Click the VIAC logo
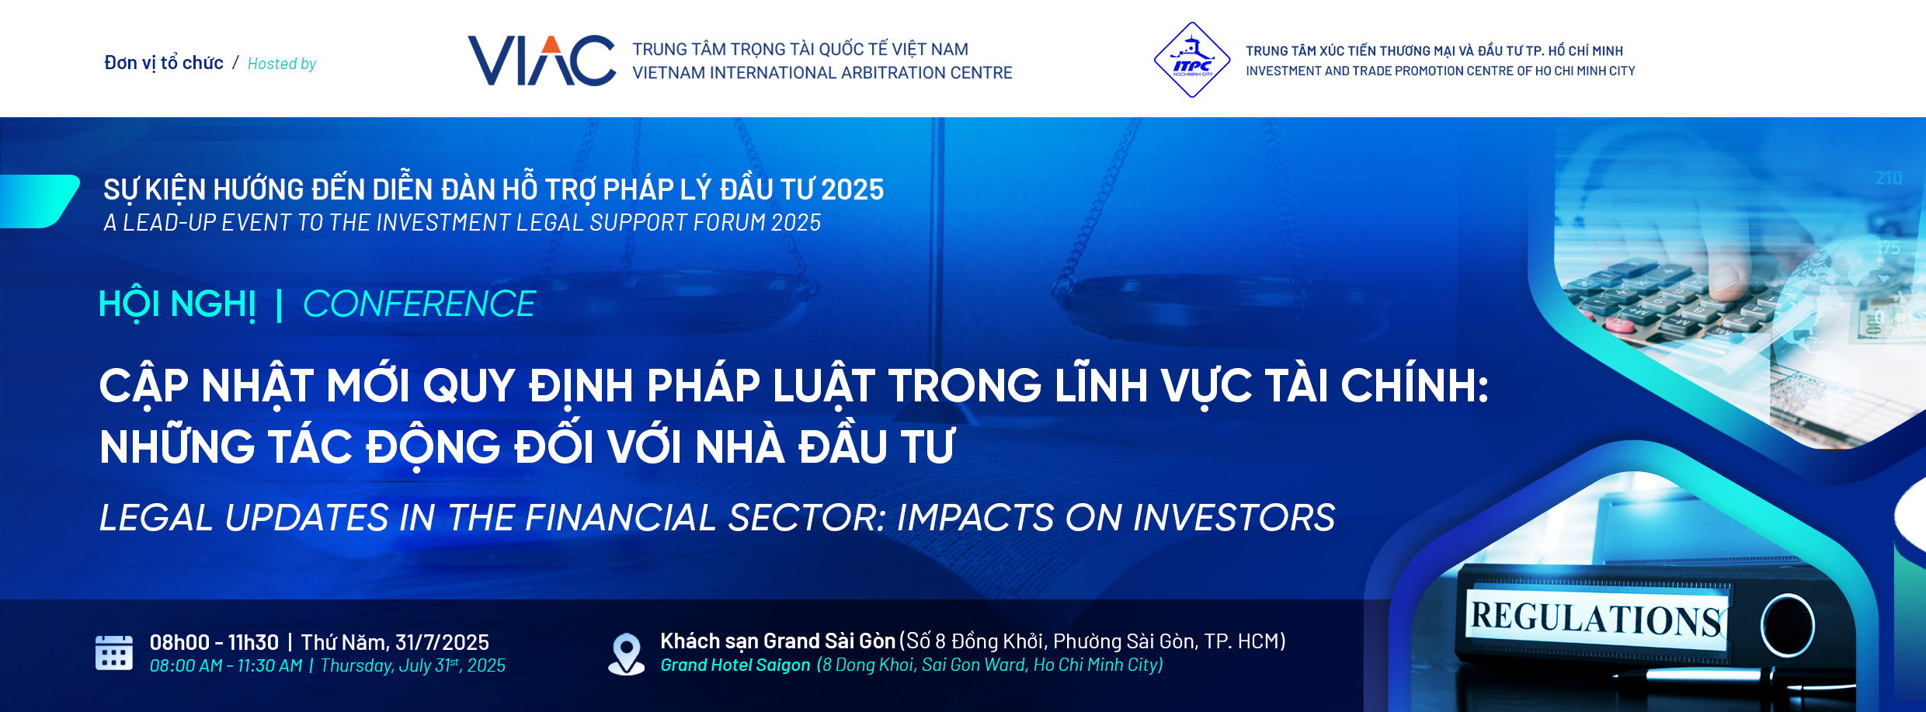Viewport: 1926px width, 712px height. click(541, 61)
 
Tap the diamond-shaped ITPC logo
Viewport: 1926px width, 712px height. click(1192, 60)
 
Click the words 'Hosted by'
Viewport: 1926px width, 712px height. click(282, 64)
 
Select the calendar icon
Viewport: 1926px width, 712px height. click(114, 652)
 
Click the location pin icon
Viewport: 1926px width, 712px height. click(626, 654)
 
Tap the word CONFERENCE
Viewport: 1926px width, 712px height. click(419, 304)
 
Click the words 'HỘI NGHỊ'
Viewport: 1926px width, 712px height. click(178, 304)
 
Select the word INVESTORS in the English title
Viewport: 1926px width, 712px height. click(1234, 518)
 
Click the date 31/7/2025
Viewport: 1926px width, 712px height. click(442, 643)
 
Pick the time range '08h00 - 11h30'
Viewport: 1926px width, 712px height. click(214, 643)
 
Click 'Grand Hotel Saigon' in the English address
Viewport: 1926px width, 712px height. click(735, 665)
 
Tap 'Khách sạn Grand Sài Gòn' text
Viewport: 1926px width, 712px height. click(778, 641)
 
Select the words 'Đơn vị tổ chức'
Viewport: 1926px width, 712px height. click(164, 63)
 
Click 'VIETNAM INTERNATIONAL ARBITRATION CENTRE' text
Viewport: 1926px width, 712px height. click(822, 73)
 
